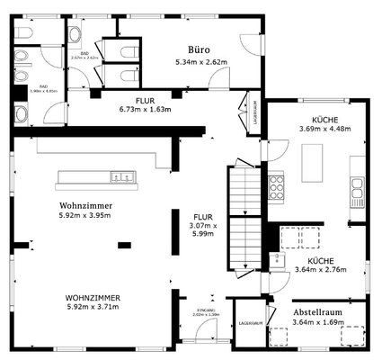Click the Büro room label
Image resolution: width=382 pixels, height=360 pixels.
pyautogui.click(x=200, y=49)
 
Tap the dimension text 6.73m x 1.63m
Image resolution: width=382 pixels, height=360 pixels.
pyautogui.click(x=145, y=110)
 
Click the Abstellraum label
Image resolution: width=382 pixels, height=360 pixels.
pyautogui.click(x=317, y=312)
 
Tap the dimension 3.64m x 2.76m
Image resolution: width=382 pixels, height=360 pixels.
pyautogui.click(x=320, y=268)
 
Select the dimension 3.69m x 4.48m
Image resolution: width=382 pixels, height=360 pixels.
pyautogui.click(x=324, y=129)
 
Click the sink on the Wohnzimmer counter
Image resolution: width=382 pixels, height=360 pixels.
pyautogui.click(x=127, y=176)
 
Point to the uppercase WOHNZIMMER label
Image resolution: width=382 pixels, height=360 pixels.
pyautogui.click(x=93, y=297)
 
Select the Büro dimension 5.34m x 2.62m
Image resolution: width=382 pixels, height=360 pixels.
pyautogui.click(x=201, y=62)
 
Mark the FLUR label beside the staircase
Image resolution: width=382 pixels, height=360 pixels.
pyautogui.click(x=201, y=217)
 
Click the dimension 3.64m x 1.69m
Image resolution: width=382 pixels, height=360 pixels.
pyautogui.click(x=317, y=322)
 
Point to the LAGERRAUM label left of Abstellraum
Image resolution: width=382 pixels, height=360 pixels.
pyautogui.click(x=250, y=321)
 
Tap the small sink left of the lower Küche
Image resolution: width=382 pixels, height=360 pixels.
pyautogui.click(x=263, y=262)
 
